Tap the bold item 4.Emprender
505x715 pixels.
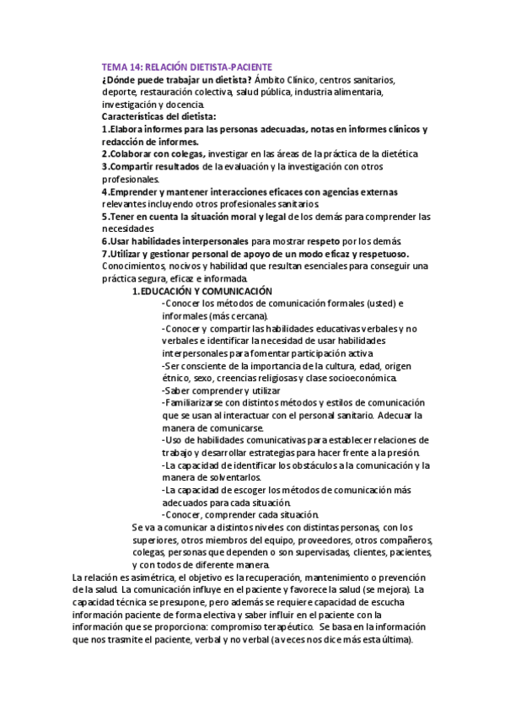coord(133,191)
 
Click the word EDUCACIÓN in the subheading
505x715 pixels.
coord(175,291)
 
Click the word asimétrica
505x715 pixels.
coord(153,578)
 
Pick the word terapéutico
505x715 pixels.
coord(270,627)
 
